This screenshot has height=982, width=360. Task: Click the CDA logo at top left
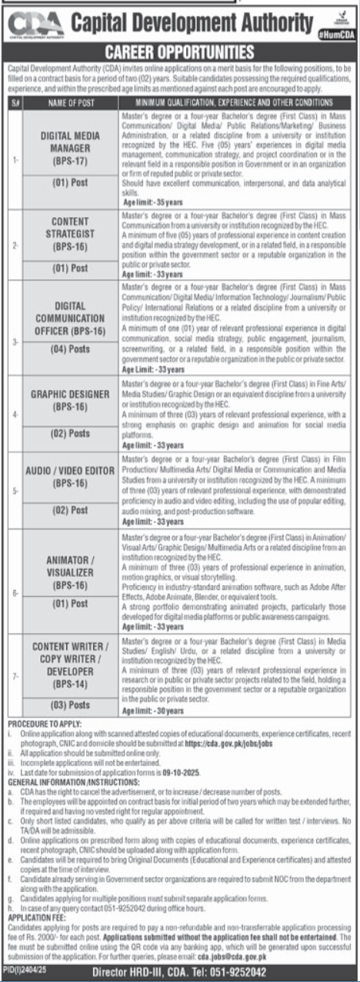point(34,25)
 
